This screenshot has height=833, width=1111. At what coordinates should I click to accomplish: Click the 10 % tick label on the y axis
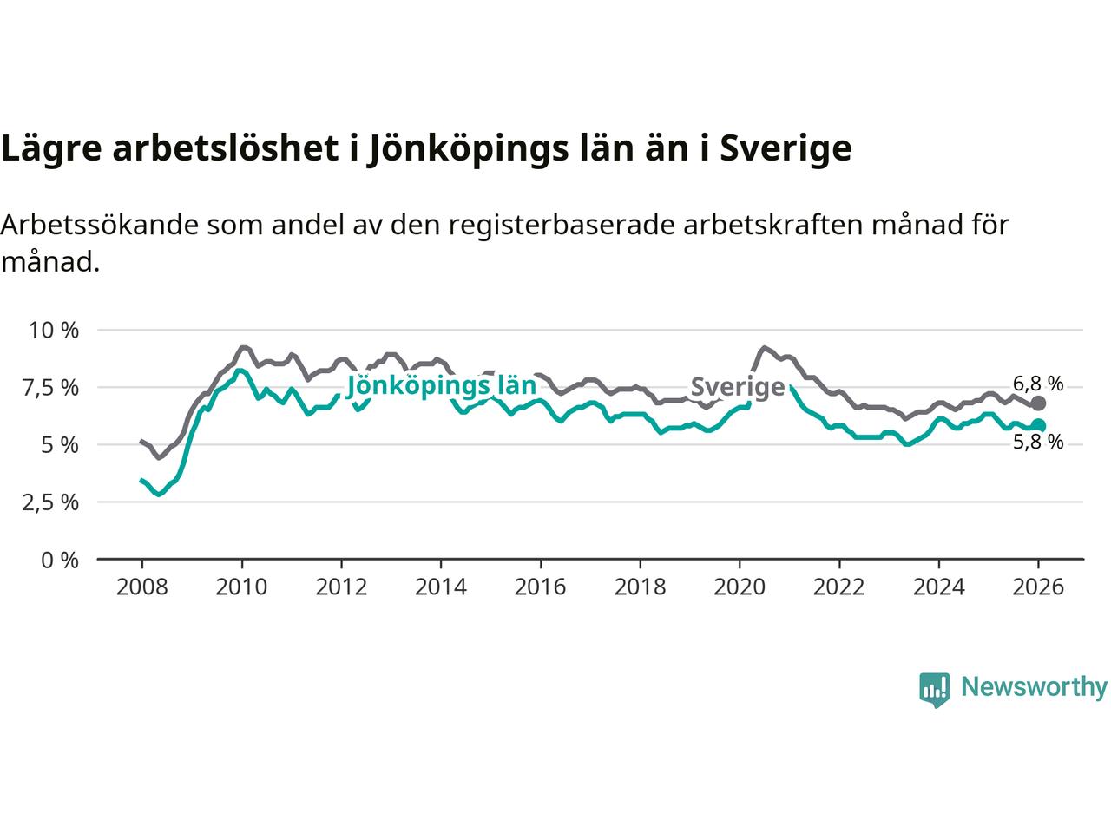pos(54,331)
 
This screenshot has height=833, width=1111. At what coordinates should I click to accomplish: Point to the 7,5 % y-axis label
pos(55,388)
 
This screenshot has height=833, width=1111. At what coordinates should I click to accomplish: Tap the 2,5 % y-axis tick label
pos(55,502)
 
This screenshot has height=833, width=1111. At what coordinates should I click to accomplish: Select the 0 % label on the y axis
pos(61,561)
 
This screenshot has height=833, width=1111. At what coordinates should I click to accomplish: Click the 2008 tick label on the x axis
pos(141,587)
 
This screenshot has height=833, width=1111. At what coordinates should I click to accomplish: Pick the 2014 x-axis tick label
pos(441,587)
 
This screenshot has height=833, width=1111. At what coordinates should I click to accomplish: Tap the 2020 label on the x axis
pos(740,587)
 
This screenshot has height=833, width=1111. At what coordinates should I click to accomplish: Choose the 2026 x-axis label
pos(1038,587)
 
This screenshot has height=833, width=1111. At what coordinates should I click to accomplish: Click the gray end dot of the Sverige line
pos(1038,403)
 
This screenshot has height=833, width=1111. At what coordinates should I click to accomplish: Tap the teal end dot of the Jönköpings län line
pos(1038,425)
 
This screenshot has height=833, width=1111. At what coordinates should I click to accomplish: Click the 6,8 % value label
pos(1038,383)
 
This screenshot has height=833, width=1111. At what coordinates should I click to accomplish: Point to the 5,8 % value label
pos(1038,443)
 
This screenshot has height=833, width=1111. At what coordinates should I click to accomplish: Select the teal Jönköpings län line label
pos(441,385)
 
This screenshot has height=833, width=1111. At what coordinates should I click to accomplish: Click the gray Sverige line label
pos(738,386)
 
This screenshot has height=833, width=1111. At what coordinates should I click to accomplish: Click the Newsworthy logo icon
pos(934,689)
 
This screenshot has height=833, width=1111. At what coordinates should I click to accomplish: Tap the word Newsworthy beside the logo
pos(1034,687)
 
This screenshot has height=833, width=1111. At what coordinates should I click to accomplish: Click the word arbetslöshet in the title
pos(225,148)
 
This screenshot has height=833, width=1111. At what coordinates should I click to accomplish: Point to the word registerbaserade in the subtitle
pos(532,225)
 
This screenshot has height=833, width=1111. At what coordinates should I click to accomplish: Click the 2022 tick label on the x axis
pos(839,587)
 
